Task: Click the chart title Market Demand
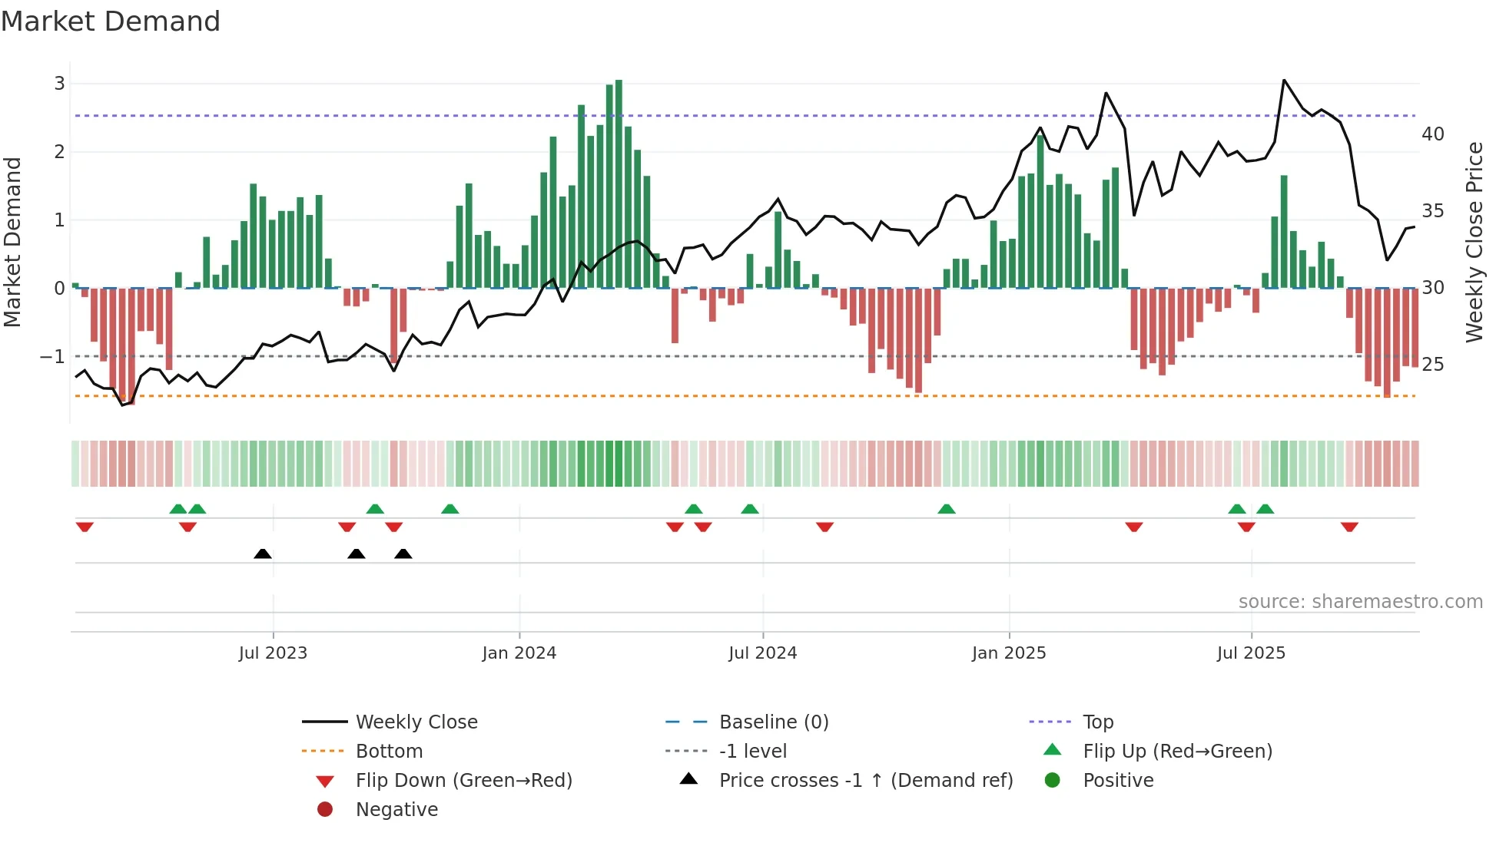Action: pos(111,21)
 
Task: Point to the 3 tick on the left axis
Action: pos(59,84)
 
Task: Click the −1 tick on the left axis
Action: pos(52,357)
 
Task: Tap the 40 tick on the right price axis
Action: pos(1432,134)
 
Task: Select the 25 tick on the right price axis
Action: pos(1432,365)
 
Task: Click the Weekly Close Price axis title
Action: pos(1474,242)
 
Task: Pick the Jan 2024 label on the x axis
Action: pos(519,653)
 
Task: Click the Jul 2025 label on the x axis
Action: pos(1250,653)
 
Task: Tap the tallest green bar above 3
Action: pos(619,184)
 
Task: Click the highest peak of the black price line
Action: pos(1284,81)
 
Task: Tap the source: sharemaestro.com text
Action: pos(1360,602)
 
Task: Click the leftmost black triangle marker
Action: pos(263,554)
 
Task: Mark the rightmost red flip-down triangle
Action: pos(1349,527)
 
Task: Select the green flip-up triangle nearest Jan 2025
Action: pos(947,509)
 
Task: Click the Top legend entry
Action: pos(1097,722)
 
